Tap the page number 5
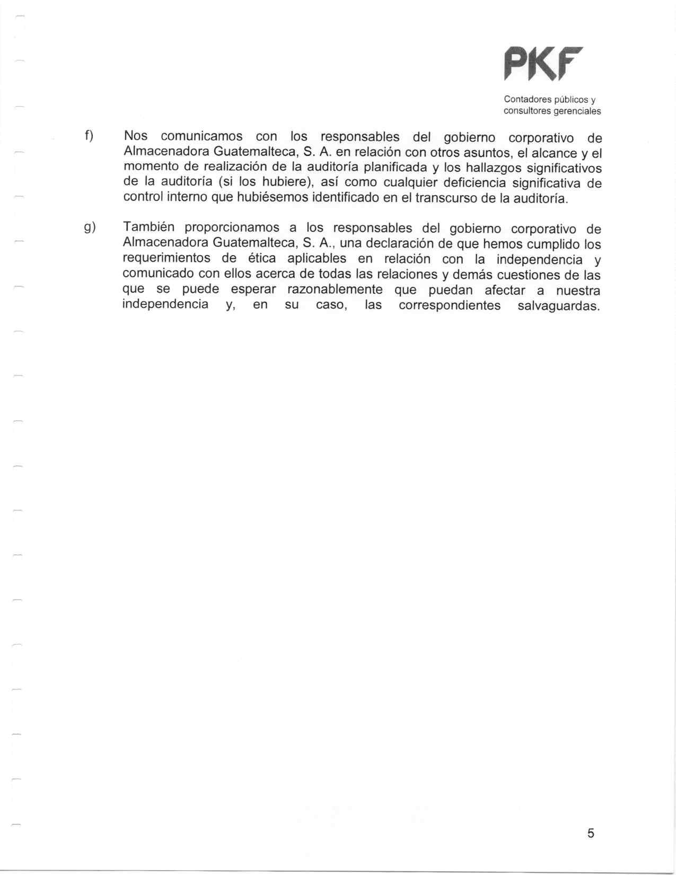click(591, 833)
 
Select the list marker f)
click(89, 136)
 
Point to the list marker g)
click(89, 227)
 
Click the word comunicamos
click(201, 137)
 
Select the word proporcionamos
click(232, 228)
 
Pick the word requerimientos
click(166, 259)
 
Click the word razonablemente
click(335, 290)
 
